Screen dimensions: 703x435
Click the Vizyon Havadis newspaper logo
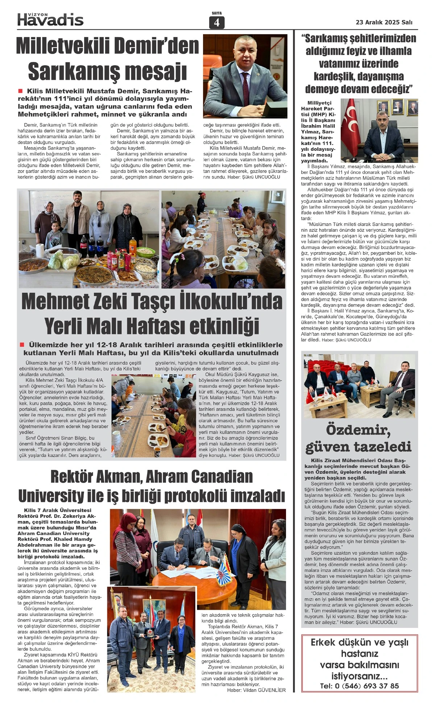[50, 19]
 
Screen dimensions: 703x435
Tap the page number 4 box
[216, 22]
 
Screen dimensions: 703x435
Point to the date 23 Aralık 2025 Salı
[384, 22]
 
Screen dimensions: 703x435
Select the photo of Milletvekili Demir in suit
[245, 77]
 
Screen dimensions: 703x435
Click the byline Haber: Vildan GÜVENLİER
[256, 690]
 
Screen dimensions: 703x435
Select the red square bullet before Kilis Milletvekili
[20, 91]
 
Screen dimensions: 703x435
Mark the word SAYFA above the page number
[216, 13]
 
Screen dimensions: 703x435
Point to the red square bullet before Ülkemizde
[22, 345]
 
